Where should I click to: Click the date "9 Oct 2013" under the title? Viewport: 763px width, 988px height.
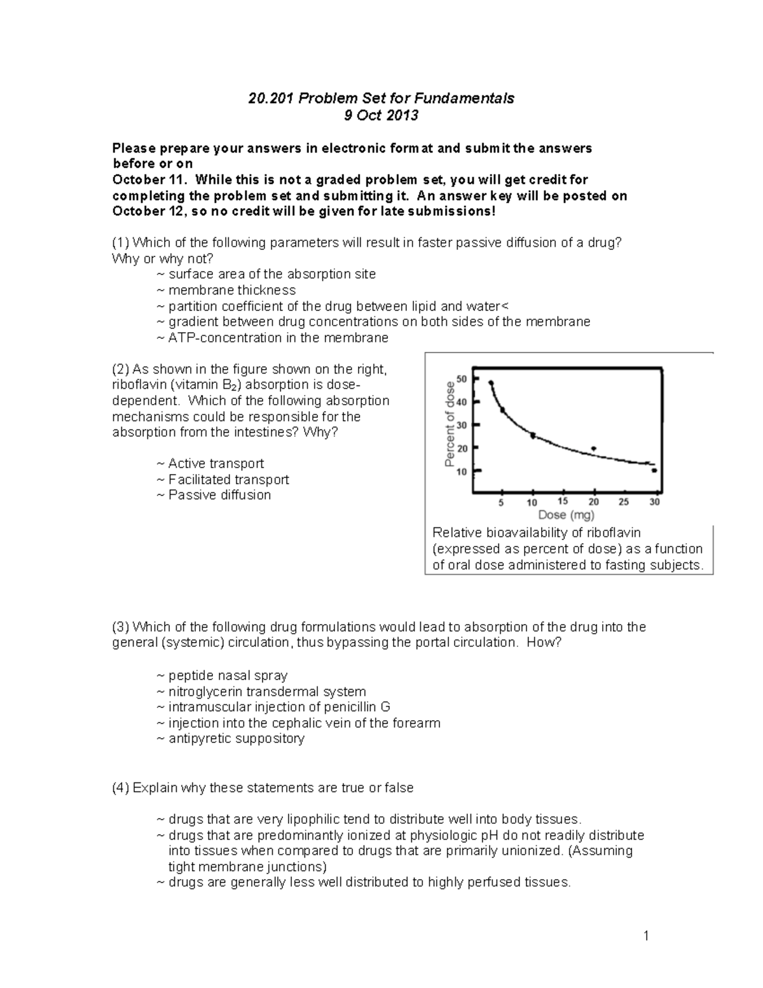[x=381, y=115]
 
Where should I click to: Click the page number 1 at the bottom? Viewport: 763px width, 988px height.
[x=646, y=935]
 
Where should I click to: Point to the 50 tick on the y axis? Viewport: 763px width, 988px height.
[x=461, y=379]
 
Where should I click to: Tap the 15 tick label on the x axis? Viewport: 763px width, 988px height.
[x=563, y=501]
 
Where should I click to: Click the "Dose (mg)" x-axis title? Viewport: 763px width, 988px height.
[x=566, y=515]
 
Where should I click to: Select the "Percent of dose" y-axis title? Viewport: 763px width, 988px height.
[x=450, y=424]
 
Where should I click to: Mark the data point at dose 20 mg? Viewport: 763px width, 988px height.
[x=594, y=449]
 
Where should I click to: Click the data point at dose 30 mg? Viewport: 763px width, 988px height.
[x=654, y=471]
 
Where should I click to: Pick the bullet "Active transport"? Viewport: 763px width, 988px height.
[x=216, y=464]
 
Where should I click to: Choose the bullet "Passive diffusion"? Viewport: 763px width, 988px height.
[x=219, y=495]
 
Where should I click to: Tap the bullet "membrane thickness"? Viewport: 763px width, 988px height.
[x=231, y=290]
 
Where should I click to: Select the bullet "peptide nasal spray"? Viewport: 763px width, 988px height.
[x=228, y=676]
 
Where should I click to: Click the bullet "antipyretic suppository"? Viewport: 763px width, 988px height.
[x=236, y=739]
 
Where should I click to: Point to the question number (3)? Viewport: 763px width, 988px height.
[x=121, y=627]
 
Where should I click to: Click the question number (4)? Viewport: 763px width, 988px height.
[x=121, y=788]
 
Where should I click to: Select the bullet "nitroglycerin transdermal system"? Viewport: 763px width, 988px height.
[x=267, y=692]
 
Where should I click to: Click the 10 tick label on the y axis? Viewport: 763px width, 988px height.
[x=461, y=471]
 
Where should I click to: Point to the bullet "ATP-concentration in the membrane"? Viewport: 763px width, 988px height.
[x=278, y=338]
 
